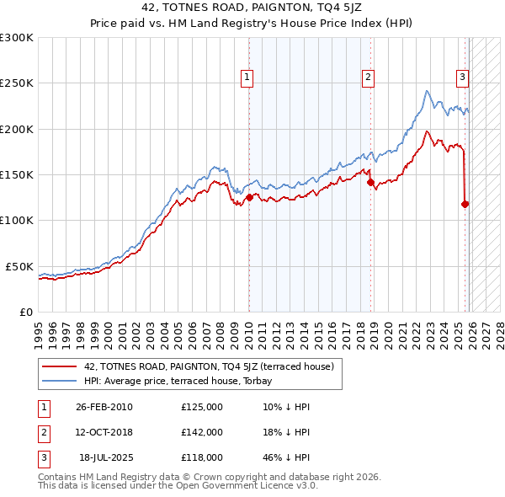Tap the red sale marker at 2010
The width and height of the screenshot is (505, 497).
point(249,197)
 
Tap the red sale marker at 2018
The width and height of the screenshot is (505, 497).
point(370,182)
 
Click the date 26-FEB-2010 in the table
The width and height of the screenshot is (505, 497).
point(104,407)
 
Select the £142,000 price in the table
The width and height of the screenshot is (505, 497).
point(202,432)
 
